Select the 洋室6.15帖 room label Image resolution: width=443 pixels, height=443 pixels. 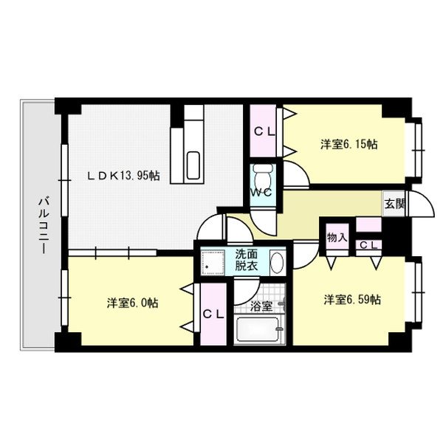pos(348,145)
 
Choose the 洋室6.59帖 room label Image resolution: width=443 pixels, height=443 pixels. pos(351,299)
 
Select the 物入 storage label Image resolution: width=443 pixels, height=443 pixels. pos(337,238)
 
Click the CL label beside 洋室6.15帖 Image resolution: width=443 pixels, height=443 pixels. pos(265,133)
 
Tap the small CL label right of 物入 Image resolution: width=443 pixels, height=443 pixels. pos(369,245)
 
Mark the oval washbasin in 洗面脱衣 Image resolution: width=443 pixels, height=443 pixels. pos(277,262)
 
